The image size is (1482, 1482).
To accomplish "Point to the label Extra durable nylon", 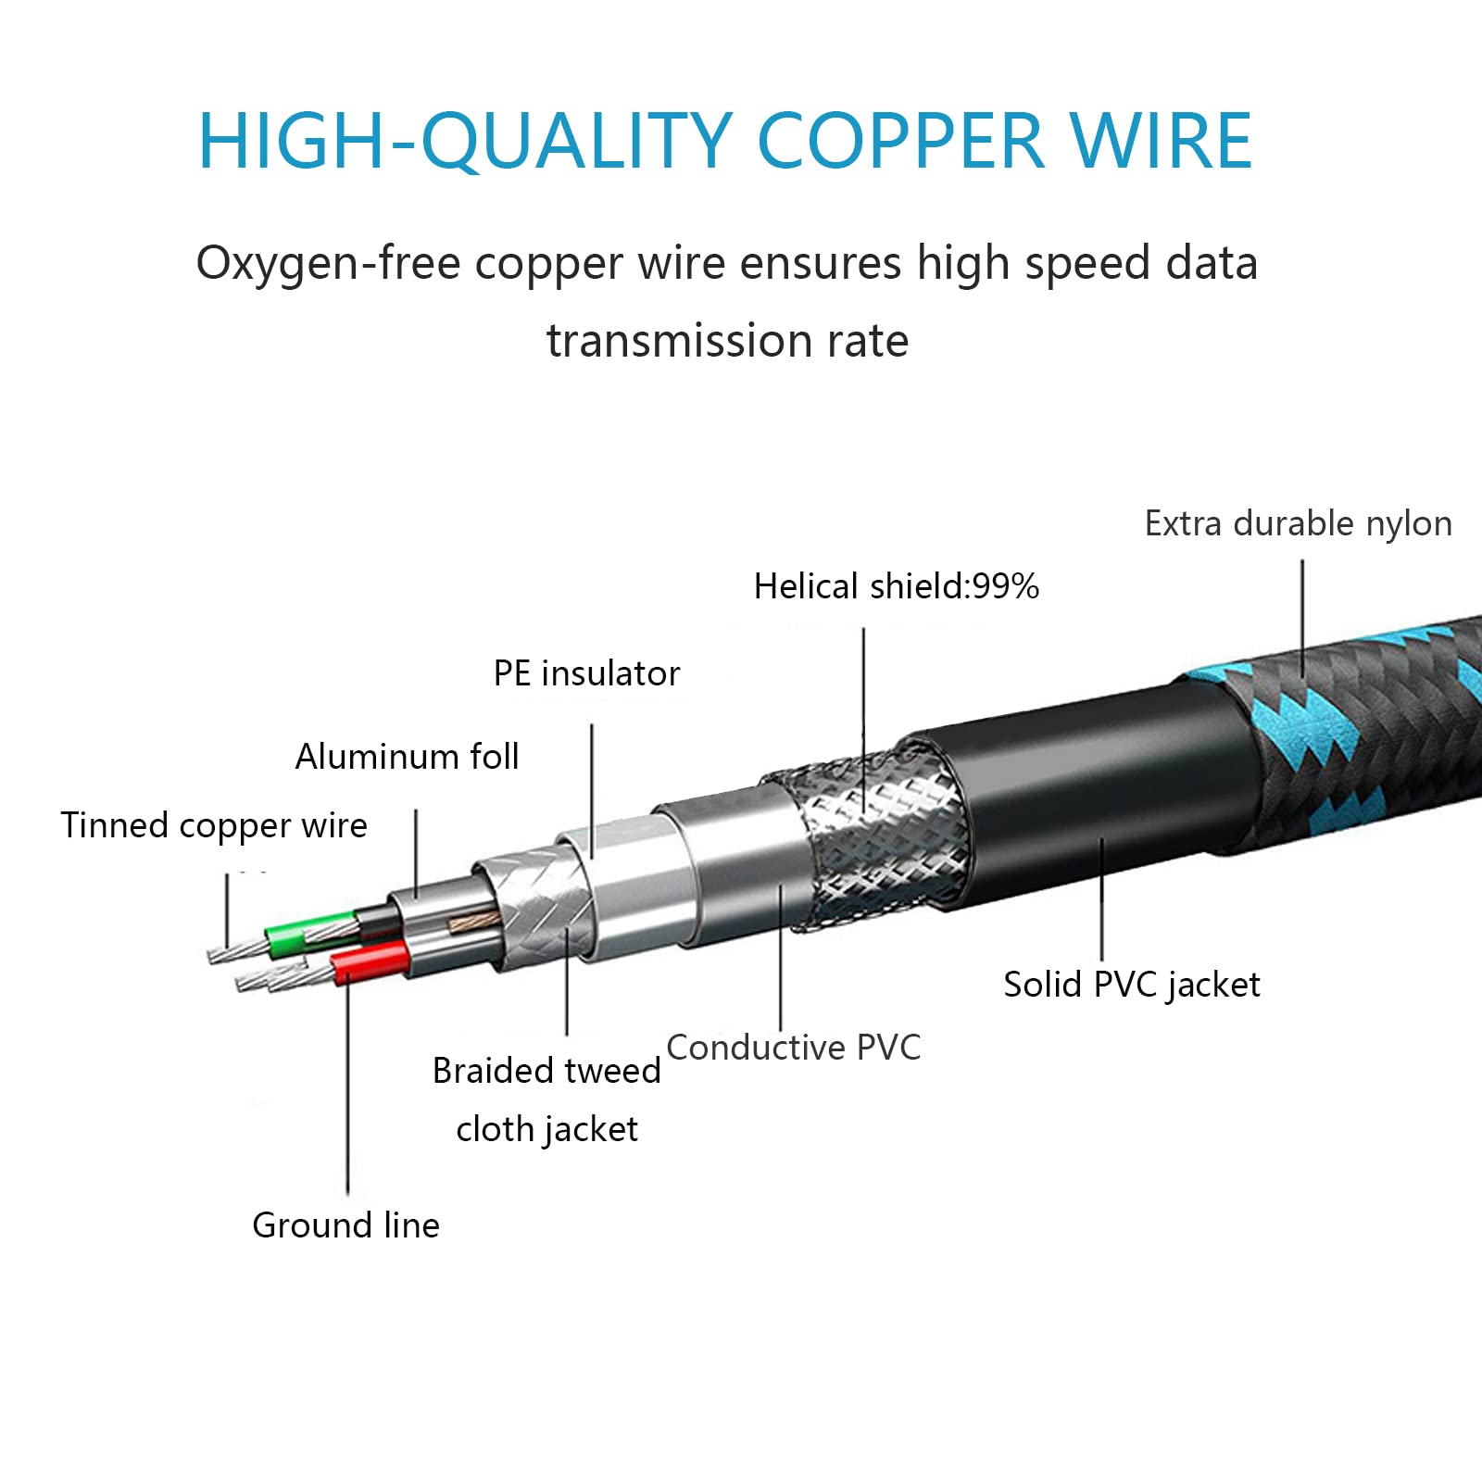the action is (x=1298, y=524).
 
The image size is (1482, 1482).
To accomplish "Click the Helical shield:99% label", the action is (x=896, y=586).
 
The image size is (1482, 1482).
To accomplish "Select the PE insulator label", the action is (x=586, y=673).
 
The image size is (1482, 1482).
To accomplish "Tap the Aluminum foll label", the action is (x=407, y=757).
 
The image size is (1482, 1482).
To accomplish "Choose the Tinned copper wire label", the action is (x=214, y=826).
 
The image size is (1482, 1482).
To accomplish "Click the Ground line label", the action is (x=345, y=1225).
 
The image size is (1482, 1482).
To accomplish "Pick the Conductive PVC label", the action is (x=793, y=1048).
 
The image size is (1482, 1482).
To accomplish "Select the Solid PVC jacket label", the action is (x=1131, y=986).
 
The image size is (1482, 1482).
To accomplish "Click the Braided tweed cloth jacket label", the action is (x=546, y=1099).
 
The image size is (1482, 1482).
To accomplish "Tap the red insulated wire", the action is (x=370, y=962).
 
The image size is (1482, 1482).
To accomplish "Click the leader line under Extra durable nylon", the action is (x=1302, y=620).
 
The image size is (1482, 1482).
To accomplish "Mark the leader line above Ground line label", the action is (x=347, y=1088).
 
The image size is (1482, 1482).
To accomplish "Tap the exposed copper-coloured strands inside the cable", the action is (x=473, y=921).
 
